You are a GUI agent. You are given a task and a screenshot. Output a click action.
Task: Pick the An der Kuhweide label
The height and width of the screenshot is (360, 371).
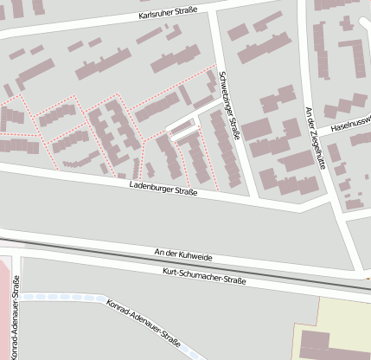coord(183,255)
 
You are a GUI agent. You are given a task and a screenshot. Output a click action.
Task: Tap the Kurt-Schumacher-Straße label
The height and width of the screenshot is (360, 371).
coord(205,276)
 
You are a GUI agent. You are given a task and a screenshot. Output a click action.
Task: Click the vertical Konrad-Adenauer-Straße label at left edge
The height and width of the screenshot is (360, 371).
coord(15,324)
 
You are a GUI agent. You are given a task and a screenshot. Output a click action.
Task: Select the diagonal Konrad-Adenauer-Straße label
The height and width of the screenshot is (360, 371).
coord(144,327)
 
